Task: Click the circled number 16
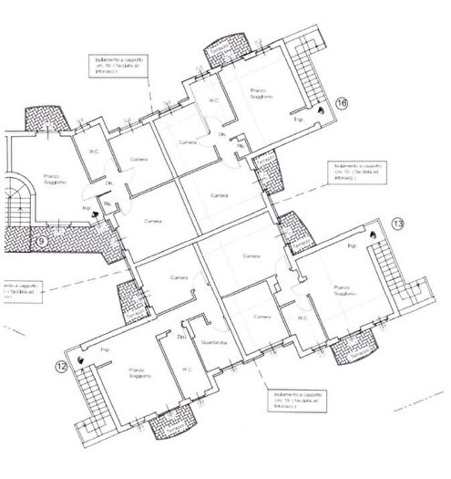[342, 102]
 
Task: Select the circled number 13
[397, 224]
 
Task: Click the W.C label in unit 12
[186, 370]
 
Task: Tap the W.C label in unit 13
[302, 318]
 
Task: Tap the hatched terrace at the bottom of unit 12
[174, 422]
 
